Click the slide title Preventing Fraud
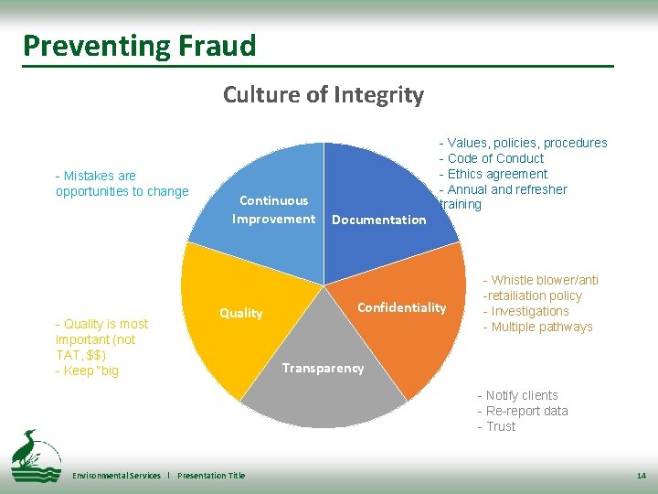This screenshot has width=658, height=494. (140, 46)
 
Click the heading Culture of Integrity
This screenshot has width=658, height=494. (323, 94)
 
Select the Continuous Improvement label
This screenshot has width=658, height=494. (273, 209)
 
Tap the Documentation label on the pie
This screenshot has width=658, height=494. (378, 220)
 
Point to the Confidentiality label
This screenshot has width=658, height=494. (401, 307)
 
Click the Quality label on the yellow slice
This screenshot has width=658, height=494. (240, 313)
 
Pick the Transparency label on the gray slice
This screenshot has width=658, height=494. (323, 368)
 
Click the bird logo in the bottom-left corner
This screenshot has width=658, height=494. (35, 455)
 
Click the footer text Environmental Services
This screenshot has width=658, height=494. (116, 476)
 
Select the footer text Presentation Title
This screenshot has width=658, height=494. (211, 476)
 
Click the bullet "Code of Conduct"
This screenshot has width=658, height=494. (495, 158)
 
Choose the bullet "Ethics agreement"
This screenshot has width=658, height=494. (497, 174)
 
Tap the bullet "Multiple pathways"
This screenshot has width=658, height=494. (542, 327)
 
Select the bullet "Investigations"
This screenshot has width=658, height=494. (530, 311)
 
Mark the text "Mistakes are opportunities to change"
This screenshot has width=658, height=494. (122, 183)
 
